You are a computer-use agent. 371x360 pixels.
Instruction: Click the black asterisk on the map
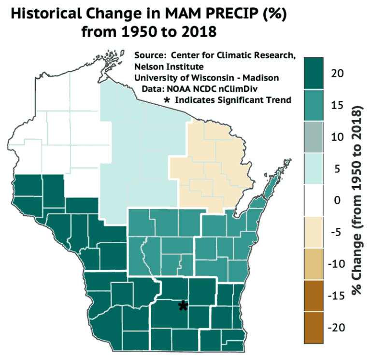183,305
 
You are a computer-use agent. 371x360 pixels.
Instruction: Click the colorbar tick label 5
337,168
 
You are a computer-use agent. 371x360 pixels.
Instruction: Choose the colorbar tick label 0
337,200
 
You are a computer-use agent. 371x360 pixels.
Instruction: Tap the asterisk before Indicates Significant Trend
167,100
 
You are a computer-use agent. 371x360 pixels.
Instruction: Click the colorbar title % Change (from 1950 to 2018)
357,200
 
